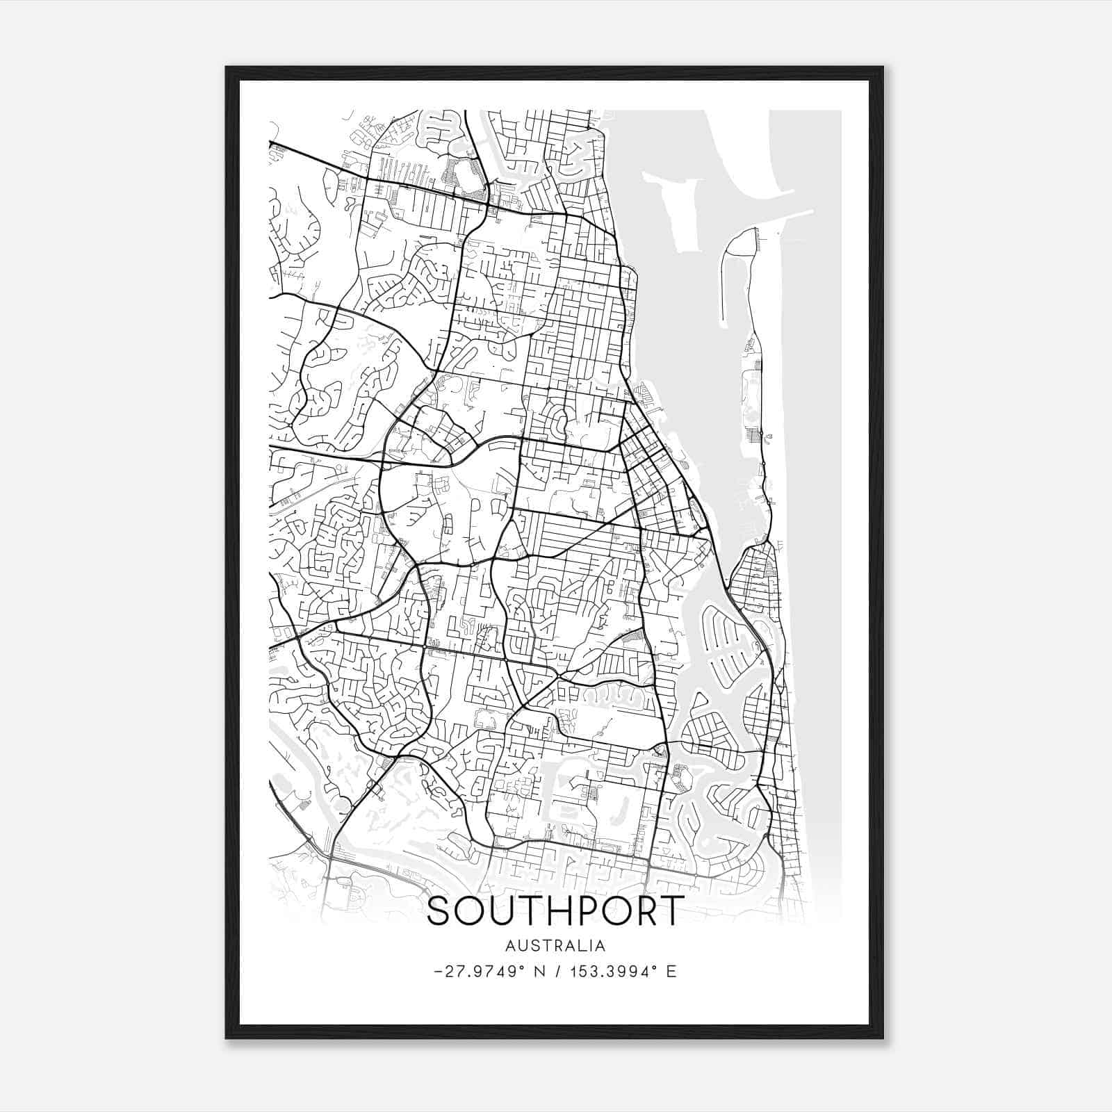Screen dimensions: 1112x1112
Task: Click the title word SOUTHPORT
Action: (x=555, y=911)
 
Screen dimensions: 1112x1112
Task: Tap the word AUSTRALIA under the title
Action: (x=555, y=946)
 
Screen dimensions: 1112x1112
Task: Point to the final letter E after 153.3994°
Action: (x=671, y=972)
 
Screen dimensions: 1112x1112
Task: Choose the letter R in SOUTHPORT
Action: (x=644, y=911)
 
